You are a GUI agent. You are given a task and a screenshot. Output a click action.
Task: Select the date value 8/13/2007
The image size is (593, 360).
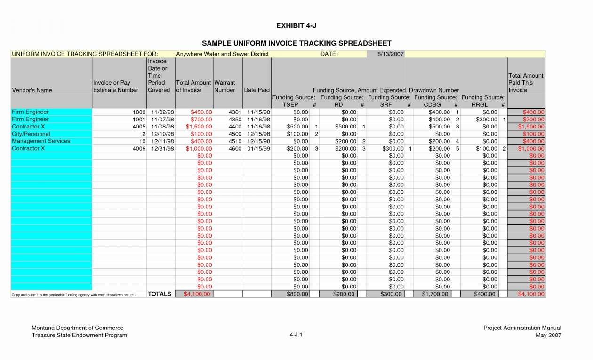coord(391,54)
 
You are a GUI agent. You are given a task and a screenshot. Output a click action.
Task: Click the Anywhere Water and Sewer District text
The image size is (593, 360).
coord(222,54)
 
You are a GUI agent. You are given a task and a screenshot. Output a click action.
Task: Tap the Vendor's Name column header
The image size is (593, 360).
coord(32,90)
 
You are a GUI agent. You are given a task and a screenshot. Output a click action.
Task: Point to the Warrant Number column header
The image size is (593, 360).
coord(224,87)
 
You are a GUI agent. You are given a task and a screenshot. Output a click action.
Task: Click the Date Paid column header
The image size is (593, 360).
coord(256,90)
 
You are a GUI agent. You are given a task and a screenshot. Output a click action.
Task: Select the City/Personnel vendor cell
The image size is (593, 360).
coord(31,134)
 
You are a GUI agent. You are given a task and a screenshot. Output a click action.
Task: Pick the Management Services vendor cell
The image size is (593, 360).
coord(41,141)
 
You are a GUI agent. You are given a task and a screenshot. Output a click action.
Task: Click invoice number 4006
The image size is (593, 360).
coord(139,149)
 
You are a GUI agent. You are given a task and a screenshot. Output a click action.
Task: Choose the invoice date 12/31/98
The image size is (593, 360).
coord(163,149)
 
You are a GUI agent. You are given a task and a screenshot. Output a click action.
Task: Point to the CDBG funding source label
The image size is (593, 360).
coord(432,105)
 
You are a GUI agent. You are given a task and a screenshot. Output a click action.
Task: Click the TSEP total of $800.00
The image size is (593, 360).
coord(297,294)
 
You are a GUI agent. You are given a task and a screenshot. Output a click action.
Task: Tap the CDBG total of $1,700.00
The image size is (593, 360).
coord(437,294)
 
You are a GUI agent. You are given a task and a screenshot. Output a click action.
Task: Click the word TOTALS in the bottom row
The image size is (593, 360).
coord(160,294)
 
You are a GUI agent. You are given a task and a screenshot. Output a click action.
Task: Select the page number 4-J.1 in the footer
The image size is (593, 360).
coord(296,335)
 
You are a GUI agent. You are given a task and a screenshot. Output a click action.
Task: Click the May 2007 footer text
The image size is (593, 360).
coord(548,335)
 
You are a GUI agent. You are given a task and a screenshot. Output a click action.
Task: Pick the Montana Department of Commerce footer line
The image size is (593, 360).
coord(77,328)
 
